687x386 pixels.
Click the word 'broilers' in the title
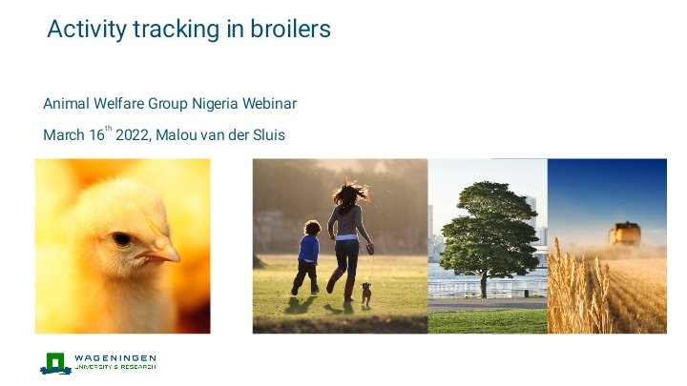[289, 30]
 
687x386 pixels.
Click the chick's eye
[121, 239]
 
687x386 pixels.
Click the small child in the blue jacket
[307, 255]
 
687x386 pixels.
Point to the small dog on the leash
[365, 293]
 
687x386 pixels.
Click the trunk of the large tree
[485, 282]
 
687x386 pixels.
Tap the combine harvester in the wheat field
[625, 234]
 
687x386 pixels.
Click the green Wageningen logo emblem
[55, 363]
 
